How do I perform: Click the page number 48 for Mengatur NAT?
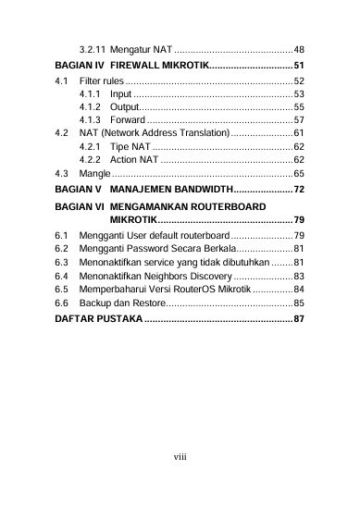coord(299,48)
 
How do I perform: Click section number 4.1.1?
coord(91,94)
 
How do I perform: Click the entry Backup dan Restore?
coord(122,302)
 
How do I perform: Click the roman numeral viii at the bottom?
coord(180,456)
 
